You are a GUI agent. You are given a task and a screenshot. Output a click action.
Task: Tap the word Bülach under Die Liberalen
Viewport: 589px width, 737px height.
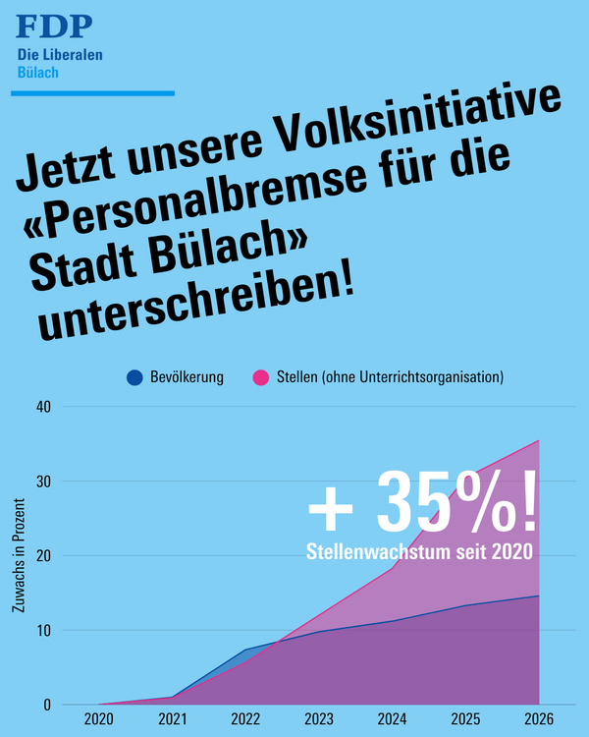(38, 73)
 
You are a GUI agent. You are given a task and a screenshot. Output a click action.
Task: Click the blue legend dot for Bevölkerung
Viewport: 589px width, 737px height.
(134, 377)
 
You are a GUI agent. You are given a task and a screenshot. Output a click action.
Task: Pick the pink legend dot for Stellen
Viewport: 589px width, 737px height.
(261, 377)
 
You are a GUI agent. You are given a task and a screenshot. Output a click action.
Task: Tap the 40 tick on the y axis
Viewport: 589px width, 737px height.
(44, 406)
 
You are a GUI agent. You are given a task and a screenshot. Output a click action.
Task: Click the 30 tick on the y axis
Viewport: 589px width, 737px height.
(44, 481)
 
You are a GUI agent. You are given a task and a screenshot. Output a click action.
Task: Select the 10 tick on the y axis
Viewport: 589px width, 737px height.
(44, 630)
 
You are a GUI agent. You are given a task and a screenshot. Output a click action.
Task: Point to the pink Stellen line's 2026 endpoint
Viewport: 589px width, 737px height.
(538, 441)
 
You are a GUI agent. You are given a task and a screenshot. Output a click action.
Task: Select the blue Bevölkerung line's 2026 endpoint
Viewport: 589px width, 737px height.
(538, 595)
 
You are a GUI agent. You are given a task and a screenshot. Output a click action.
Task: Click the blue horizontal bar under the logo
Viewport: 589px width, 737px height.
(92, 93)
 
